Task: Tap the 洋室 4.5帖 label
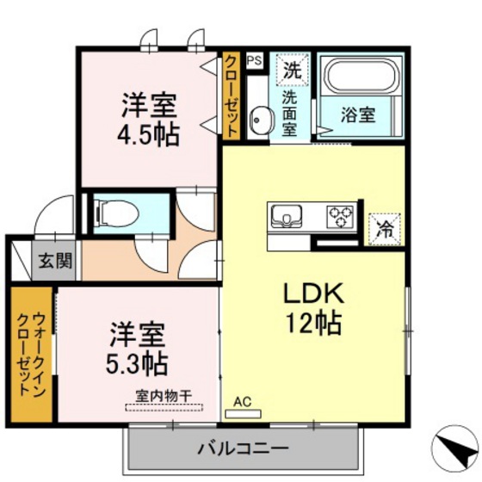(148, 120)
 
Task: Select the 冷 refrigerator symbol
(386, 230)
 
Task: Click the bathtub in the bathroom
(358, 78)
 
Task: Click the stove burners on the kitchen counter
(340, 213)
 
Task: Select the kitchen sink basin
(285, 214)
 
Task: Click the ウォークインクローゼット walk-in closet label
(31, 353)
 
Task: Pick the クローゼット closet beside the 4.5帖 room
(231, 94)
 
